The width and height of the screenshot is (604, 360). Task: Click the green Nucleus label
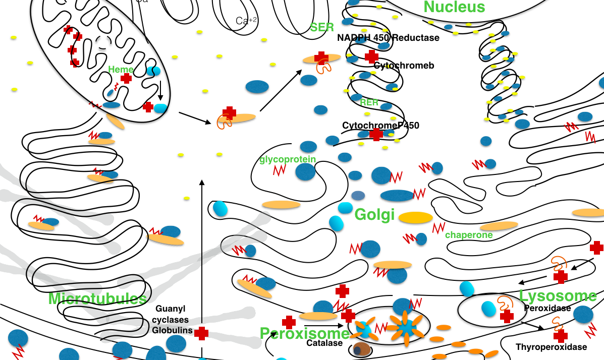[x=454, y=7]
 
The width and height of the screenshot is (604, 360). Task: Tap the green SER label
[x=322, y=27]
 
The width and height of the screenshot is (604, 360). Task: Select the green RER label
[x=369, y=102]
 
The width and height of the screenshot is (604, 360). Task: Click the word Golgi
[x=374, y=215]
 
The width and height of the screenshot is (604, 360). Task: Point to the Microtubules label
[x=97, y=299]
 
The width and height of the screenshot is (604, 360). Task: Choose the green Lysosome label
[x=558, y=296]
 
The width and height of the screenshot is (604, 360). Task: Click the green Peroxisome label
[x=304, y=334]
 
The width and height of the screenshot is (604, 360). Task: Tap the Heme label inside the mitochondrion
[x=121, y=70]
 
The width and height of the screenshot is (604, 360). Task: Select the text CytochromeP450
[x=380, y=126]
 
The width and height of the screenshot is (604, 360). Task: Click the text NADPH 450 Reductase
[x=388, y=38]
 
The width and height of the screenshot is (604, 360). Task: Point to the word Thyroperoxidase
[x=551, y=347]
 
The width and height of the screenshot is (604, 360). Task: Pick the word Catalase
[x=324, y=343]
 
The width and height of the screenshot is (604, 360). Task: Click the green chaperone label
[x=469, y=235]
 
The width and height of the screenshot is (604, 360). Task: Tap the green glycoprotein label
[x=288, y=160]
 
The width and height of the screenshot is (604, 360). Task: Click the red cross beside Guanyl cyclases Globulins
[x=201, y=333]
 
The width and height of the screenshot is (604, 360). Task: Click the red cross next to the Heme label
[x=126, y=79]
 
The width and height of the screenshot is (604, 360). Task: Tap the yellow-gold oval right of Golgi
[x=415, y=218]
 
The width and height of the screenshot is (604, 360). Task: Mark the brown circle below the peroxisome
[x=360, y=349]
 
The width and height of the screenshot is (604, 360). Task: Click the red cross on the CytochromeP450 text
[x=375, y=134]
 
